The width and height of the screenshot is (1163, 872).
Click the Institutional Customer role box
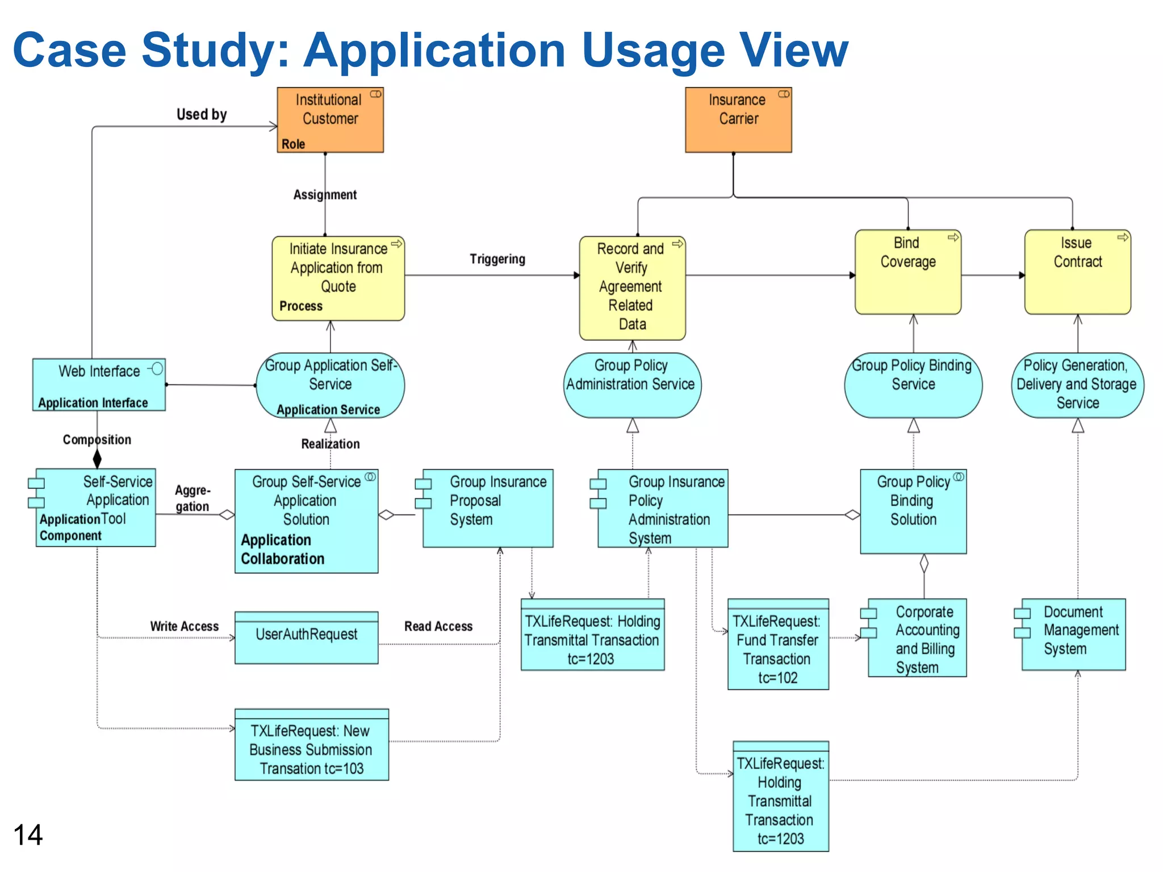click(x=330, y=120)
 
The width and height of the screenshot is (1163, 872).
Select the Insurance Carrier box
click(x=738, y=120)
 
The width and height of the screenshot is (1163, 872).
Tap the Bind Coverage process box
click(x=907, y=271)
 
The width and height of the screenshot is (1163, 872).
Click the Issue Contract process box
click(x=1077, y=271)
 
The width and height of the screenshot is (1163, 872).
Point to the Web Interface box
click(x=99, y=384)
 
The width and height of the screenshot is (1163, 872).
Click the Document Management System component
click(x=1073, y=634)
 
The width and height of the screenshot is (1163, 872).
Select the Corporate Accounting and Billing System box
click(x=917, y=638)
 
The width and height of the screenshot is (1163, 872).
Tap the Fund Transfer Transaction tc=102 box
click(x=777, y=644)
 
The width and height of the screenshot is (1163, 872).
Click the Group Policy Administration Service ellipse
click(x=631, y=385)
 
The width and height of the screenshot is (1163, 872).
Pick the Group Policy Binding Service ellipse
click(x=913, y=385)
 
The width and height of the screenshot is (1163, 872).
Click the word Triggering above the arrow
click(x=497, y=259)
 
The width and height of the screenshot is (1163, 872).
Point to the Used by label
click(x=202, y=114)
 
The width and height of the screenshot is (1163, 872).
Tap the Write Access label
click(x=184, y=626)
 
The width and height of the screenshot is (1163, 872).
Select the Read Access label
click(x=438, y=626)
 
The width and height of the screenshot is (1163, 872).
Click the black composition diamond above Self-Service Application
click(x=97, y=458)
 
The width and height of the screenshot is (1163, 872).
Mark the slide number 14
click(x=28, y=835)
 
